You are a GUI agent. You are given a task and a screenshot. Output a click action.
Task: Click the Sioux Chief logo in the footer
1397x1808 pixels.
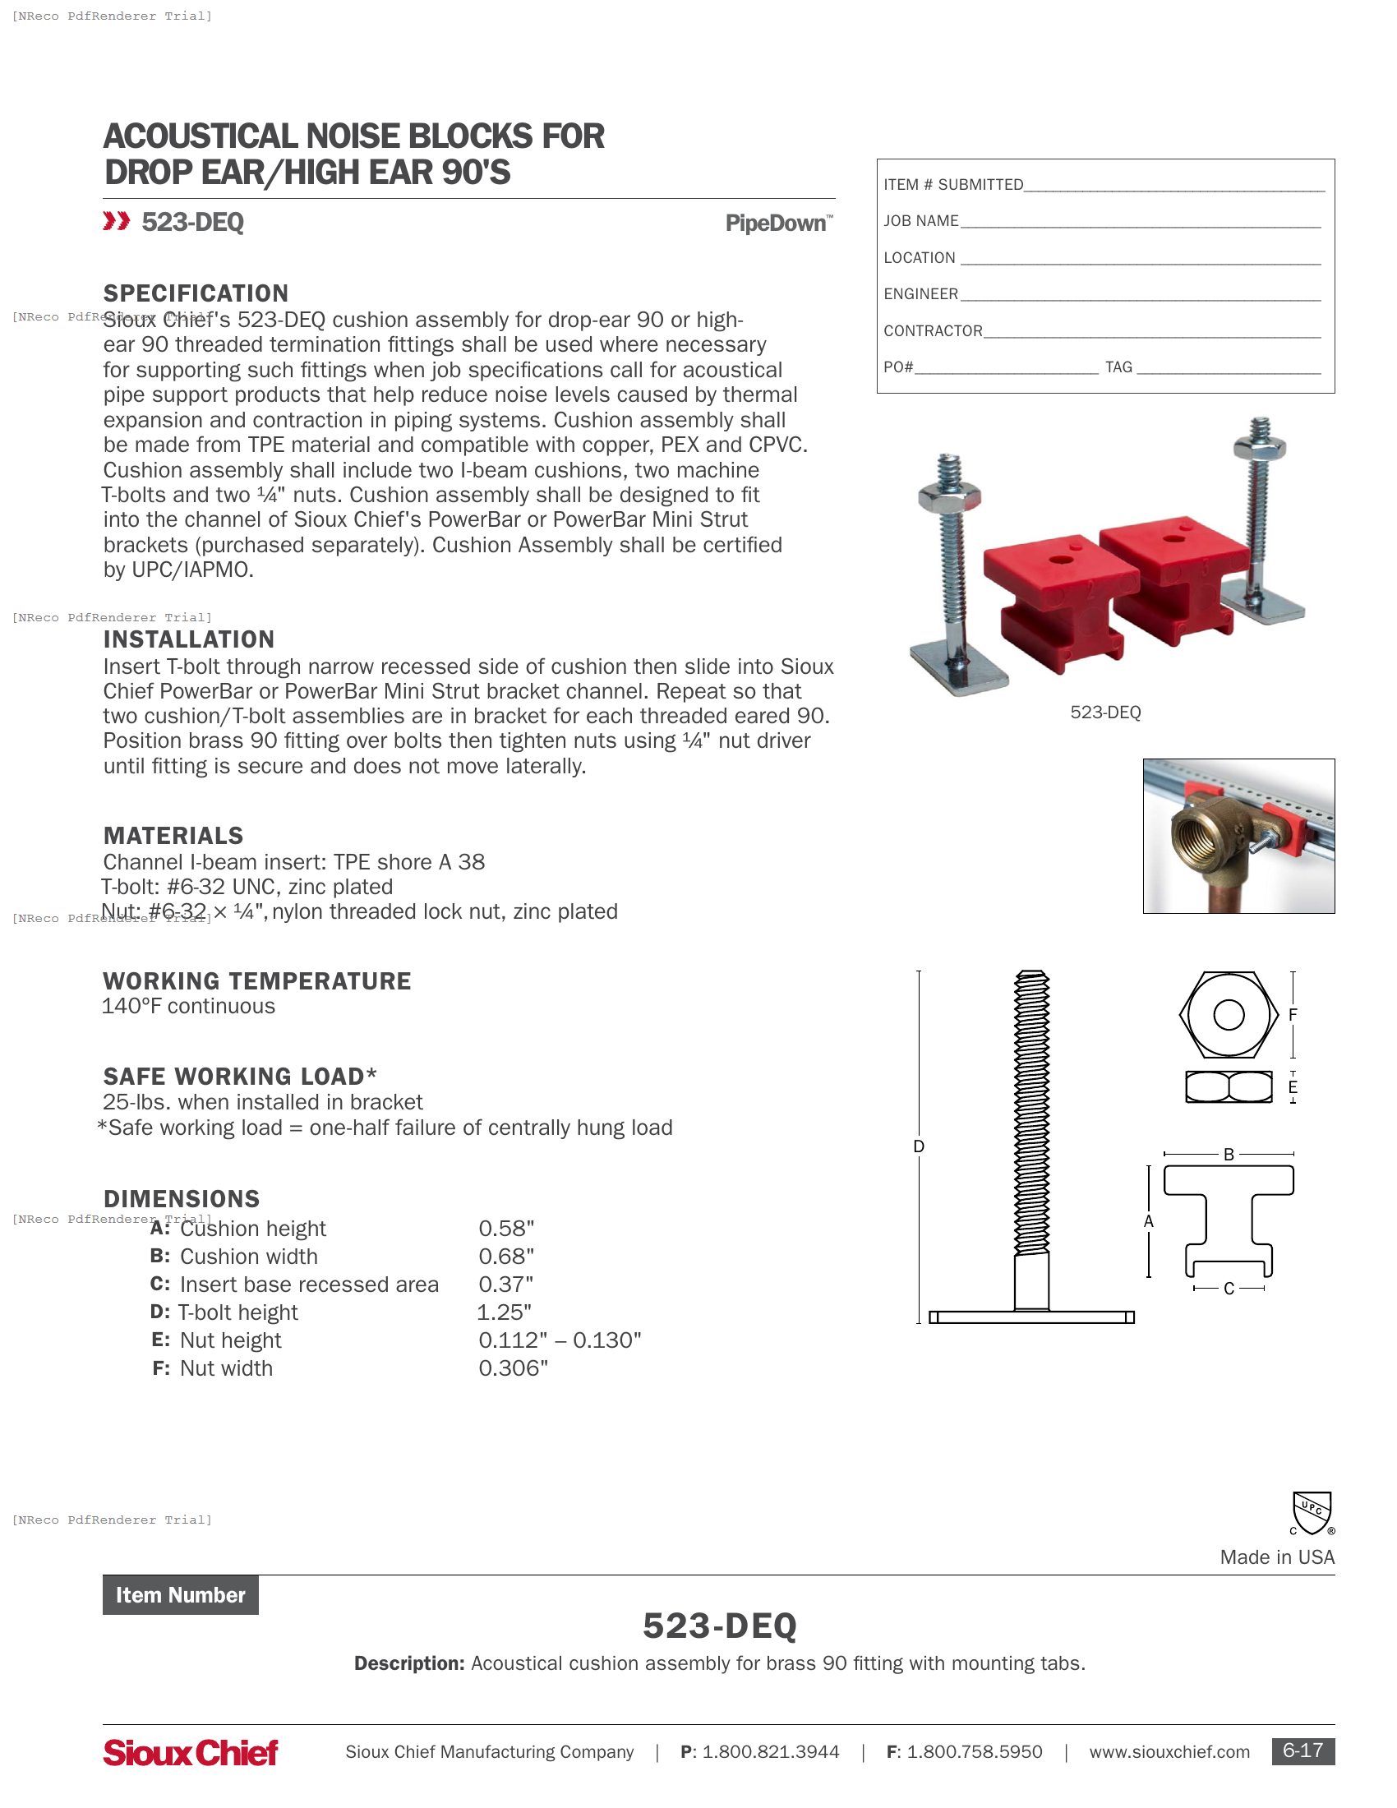tap(191, 1753)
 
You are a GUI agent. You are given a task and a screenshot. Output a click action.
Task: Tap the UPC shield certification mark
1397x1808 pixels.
tap(1312, 1512)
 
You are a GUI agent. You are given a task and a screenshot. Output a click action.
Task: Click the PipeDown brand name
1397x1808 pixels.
tap(777, 224)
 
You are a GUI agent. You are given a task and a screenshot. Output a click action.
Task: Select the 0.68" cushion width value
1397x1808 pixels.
tap(505, 1257)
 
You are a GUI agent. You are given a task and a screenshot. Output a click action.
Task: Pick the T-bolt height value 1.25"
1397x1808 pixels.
tap(504, 1312)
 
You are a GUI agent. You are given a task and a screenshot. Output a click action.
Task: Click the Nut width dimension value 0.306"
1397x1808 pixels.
tap(513, 1368)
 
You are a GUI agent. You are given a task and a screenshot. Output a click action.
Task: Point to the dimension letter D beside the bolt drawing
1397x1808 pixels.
tap(919, 1146)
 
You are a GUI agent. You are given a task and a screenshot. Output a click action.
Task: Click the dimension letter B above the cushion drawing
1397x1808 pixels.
tap(1229, 1154)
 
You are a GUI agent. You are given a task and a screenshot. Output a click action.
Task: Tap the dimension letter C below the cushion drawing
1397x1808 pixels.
tap(1229, 1289)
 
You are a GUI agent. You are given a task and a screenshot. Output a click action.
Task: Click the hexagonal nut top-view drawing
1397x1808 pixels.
tap(1229, 1015)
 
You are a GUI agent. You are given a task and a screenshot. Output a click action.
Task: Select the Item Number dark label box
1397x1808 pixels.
tap(181, 1595)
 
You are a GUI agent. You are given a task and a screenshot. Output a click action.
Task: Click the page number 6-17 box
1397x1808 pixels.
tap(1302, 1750)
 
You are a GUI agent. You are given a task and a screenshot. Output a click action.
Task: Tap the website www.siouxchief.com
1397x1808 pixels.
tap(1169, 1752)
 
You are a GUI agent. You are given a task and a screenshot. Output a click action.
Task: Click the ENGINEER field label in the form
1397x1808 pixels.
tap(920, 294)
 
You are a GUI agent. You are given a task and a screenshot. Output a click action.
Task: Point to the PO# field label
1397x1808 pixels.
tap(898, 367)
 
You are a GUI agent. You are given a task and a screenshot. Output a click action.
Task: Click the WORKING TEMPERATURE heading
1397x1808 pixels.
tap(256, 981)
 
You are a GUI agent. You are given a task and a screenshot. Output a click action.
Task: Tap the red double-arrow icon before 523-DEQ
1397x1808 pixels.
tap(116, 221)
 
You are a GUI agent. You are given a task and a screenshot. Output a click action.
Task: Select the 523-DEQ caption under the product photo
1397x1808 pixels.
tap(1104, 713)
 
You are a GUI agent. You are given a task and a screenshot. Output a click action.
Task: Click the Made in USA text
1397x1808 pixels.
tap(1276, 1557)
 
